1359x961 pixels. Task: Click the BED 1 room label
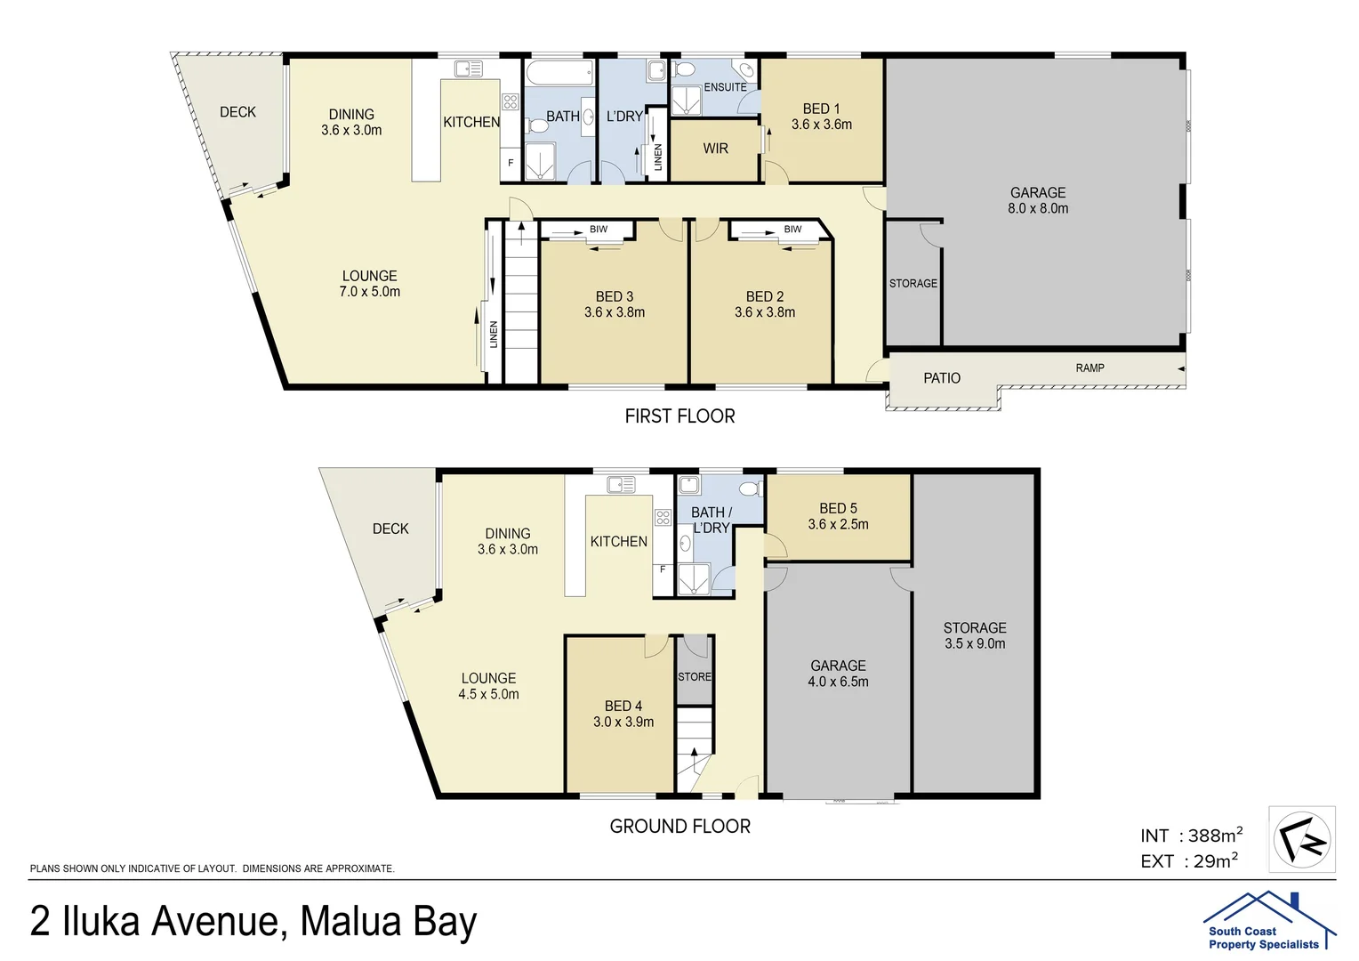point(821,109)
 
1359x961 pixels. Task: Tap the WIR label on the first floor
point(715,149)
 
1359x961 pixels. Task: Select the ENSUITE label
point(725,87)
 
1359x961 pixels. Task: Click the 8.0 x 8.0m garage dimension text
point(1037,208)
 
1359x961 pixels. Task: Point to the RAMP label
point(1090,367)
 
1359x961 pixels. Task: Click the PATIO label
point(941,378)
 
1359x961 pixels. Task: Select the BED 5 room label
point(838,508)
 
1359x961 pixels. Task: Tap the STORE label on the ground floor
point(695,677)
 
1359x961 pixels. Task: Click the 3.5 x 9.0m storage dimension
point(975,643)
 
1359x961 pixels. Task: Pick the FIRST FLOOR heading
point(679,416)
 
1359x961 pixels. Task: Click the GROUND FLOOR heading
point(679,827)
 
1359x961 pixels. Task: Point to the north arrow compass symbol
point(1302,839)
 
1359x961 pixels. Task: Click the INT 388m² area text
point(1191,836)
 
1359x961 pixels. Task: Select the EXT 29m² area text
point(1189,861)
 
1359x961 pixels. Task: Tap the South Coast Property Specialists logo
point(1268,921)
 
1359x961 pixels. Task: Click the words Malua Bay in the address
point(389,922)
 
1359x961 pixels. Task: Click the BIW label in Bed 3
point(599,230)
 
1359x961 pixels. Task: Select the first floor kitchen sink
point(467,68)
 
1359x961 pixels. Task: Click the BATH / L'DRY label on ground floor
point(711,520)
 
